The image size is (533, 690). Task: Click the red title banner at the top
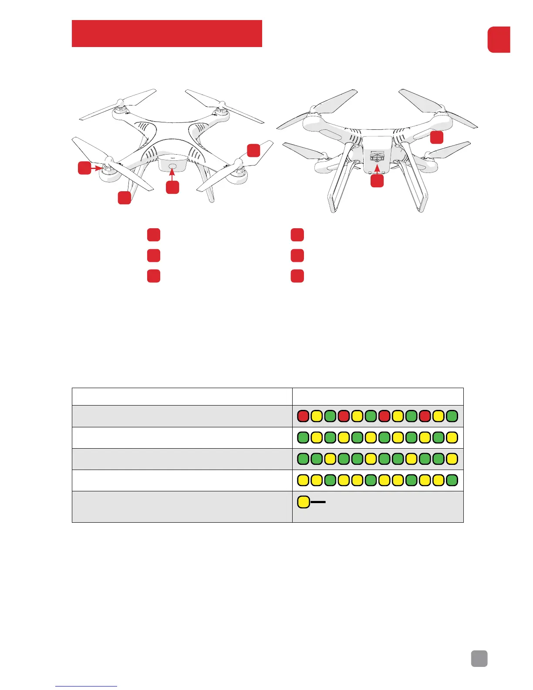pyautogui.click(x=167, y=33)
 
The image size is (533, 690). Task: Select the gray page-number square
pyautogui.click(x=479, y=659)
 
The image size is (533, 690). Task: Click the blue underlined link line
pyautogui.click(x=86, y=686)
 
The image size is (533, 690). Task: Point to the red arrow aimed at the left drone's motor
pyautogui.click(x=96, y=167)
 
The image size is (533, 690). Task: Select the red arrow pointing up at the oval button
pyautogui.click(x=173, y=175)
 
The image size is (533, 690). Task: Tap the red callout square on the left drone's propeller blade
pyautogui.click(x=253, y=150)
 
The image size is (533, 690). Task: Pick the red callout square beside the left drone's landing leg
pyautogui.click(x=125, y=198)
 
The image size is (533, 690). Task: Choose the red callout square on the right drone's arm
pyautogui.click(x=437, y=137)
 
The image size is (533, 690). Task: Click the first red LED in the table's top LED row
pyautogui.click(x=303, y=416)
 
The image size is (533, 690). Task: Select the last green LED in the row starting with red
pyautogui.click(x=452, y=416)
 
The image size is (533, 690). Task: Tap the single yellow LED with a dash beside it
pyautogui.click(x=304, y=502)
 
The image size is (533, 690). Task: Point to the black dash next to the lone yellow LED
pyautogui.click(x=318, y=502)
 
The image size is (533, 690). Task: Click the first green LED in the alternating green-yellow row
pyautogui.click(x=303, y=437)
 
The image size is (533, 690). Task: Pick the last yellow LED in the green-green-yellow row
pyautogui.click(x=452, y=459)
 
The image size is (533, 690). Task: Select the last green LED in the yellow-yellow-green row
pyautogui.click(x=452, y=480)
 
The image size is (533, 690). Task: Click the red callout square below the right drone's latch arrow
pyautogui.click(x=377, y=181)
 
